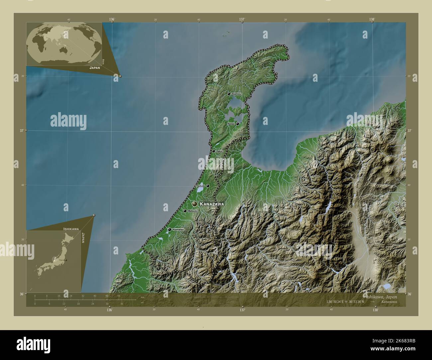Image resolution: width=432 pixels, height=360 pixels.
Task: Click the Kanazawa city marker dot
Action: (194, 204)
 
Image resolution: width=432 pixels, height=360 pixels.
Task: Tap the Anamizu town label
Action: (236, 94)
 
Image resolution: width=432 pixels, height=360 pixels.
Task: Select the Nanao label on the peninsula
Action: (231, 124)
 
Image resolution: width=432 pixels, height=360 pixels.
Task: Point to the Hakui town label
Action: (219, 151)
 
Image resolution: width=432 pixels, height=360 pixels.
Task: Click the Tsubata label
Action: (200, 186)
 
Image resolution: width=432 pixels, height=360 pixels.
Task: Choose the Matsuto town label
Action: (193, 211)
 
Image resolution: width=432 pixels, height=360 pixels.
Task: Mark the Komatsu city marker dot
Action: (169, 229)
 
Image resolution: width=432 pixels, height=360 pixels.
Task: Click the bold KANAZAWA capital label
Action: (212, 204)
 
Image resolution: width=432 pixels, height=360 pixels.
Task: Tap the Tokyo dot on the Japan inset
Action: (66, 260)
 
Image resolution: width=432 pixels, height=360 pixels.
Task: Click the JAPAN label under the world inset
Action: (95, 67)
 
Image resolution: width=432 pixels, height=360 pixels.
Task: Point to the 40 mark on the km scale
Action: (95, 296)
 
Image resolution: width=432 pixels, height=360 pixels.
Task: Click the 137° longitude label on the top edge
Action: (242, 20)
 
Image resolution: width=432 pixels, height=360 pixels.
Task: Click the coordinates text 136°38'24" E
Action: (337, 302)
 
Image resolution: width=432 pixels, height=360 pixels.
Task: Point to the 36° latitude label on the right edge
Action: (410, 294)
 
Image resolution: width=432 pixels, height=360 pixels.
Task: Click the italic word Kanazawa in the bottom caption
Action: (389, 302)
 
